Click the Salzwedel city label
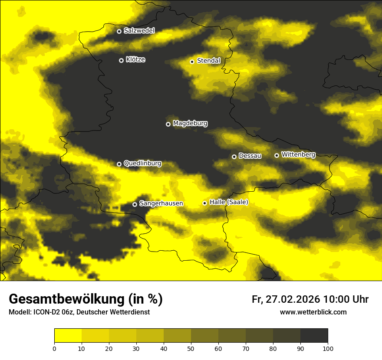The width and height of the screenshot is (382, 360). (x=139, y=31)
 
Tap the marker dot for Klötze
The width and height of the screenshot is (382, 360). (x=121, y=60)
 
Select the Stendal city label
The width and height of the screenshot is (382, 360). (x=209, y=61)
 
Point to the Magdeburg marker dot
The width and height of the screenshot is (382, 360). (x=168, y=124)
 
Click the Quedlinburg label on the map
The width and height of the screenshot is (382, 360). (x=142, y=164)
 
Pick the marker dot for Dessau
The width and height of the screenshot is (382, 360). (x=234, y=157)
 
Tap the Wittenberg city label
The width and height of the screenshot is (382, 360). (x=298, y=154)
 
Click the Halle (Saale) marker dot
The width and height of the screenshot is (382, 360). (x=204, y=203)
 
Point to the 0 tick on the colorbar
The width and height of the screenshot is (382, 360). (x=54, y=348)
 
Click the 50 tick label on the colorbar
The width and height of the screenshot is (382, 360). (x=191, y=348)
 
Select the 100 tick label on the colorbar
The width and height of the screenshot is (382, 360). (x=328, y=348)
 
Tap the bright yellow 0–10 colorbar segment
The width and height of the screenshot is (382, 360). (x=68, y=336)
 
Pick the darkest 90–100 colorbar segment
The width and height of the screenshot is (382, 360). (x=314, y=336)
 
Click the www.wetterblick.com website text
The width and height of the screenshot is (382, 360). (x=313, y=312)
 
